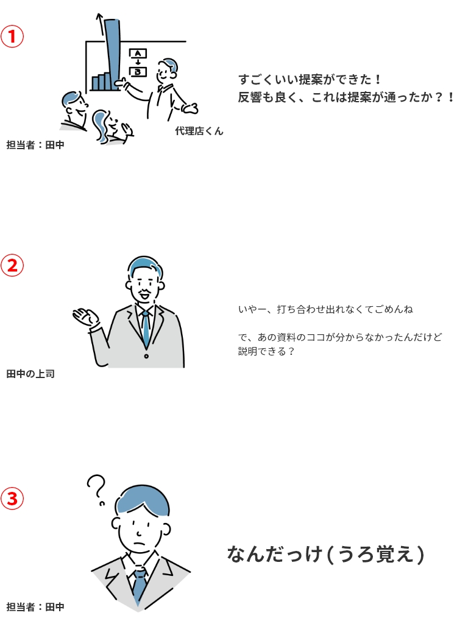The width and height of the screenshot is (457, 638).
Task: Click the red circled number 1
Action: click(x=12, y=36)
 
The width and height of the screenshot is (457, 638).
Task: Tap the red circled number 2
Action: click(x=12, y=265)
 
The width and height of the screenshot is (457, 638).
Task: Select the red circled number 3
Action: click(x=12, y=499)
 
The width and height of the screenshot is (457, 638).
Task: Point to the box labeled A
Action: click(x=138, y=54)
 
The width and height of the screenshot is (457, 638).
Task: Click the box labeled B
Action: click(x=138, y=72)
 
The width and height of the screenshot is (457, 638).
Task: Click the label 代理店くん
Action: click(x=199, y=131)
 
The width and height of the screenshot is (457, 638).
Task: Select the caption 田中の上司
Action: click(x=30, y=374)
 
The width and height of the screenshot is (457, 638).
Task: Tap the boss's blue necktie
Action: click(x=146, y=329)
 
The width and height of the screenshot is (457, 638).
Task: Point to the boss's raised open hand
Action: click(x=85, y=317)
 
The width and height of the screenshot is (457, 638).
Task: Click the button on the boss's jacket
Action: click(x=146, y=356)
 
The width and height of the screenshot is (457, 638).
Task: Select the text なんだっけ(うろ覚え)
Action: click(x=326, y=554)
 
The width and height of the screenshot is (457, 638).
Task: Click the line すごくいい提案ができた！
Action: click(x=310, y=79)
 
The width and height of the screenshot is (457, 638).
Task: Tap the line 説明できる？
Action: click(x=266, y=351)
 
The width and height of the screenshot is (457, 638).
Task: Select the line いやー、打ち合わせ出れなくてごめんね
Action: click(x=325, y=309)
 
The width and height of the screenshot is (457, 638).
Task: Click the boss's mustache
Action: click(x=144, y=292)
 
